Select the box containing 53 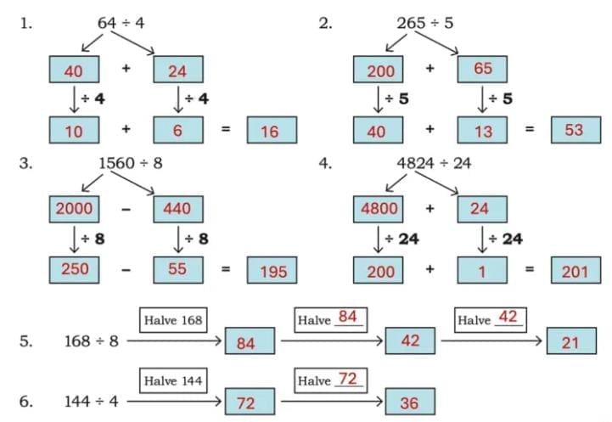pyautogui.click(x=575, y=129)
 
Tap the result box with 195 pyautogui.click(x=272, y=271)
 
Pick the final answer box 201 pyautogui.click(x=575, y=271)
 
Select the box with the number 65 pyautogui.click(x=482, y=69)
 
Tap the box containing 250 pyautogui.click(x=74, y=268)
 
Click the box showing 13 pyautogui.click(x=482, y=130)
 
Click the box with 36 pyautogui.click(x=409, y=402)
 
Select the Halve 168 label pyautogui.click(x=173, y=319)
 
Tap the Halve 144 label pyautogui.click(x=173, y=380)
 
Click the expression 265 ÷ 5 pyautogui.click(x=425, y=23)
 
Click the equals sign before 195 pyautogui.click(x=226, y=270)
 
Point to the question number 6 pyautogui.click(x=26, y=402)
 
